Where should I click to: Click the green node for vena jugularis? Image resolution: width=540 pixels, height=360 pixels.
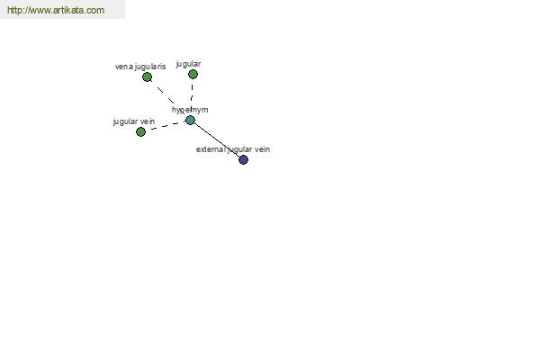[147, 77]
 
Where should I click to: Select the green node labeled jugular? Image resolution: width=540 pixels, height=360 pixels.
[193, 74]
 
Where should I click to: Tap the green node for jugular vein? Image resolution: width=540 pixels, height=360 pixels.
[140, 131]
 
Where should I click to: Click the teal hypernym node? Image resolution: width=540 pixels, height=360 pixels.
[191, 121]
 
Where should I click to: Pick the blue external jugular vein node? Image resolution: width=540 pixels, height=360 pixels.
[244, 159]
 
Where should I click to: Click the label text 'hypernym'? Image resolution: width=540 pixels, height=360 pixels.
[190, 110]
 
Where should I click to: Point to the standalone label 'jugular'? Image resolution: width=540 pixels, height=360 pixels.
[188, 64]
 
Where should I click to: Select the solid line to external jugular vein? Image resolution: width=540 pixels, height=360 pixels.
[217, 139]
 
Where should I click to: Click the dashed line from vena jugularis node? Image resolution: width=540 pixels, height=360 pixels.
[167, 97]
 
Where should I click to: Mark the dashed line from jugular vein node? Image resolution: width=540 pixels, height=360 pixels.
[164, 126]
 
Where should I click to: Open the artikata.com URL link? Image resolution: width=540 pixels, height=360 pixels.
[56, 10]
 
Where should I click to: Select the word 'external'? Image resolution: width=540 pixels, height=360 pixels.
[211, 149]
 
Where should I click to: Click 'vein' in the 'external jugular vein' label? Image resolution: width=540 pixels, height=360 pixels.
[262, 149]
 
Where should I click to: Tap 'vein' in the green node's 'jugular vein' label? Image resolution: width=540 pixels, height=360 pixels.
[148, 121]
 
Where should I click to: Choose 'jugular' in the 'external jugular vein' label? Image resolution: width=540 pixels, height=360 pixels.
[239, 150]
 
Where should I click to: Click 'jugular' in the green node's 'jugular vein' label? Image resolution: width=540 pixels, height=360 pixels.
[126, 122]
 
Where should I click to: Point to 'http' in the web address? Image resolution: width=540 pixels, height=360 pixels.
[14, 10]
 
